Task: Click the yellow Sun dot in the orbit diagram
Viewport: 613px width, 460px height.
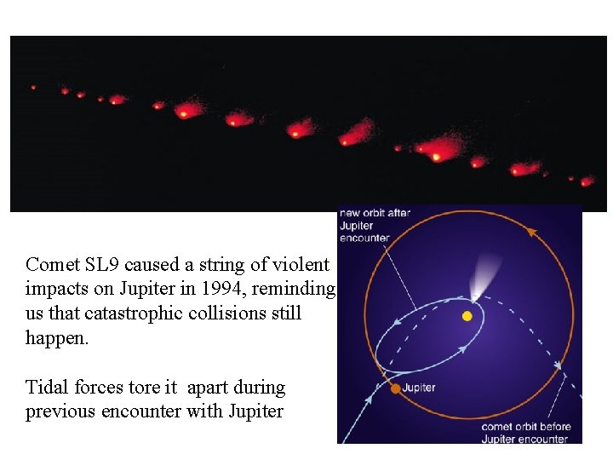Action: [x=467, y=316]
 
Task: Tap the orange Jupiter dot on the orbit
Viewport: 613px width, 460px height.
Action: [x=395, y=388]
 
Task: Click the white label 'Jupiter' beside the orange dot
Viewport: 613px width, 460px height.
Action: [x=419, y=388]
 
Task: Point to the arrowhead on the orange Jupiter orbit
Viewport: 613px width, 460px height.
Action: [x=531, y=231]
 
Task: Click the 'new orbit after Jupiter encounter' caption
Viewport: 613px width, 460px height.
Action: [x=375, y=225]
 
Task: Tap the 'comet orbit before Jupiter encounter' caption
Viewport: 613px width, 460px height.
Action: [x=525, y=433]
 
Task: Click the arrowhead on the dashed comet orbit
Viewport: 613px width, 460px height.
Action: [x=559, y=367]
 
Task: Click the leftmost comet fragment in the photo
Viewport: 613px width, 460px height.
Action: [x=33, y=87]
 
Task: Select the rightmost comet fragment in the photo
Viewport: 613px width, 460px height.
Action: [x=586, y=181]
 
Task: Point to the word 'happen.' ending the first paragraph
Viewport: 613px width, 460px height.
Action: [x=57, y=337]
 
